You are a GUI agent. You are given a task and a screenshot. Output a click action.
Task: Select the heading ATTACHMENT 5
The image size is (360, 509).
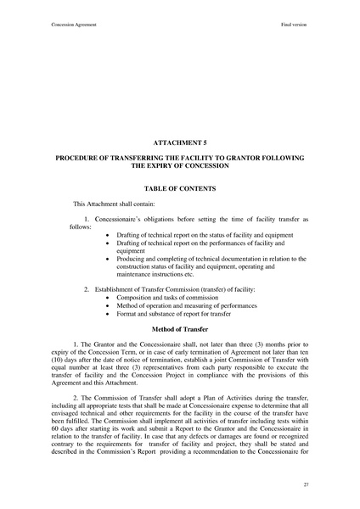tap(179, 145)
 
